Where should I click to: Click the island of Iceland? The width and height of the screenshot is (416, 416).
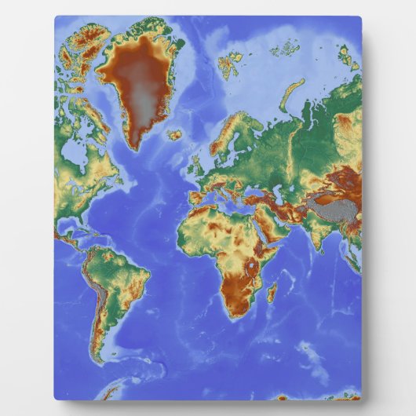pyautogui.click(x=174, y=134)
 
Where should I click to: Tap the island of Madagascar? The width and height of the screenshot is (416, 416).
pyautogui.click(x=272, y=294)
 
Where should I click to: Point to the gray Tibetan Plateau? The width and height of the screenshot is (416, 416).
pyautogui.click(x=329, y=206)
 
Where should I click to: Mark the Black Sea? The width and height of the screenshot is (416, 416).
pyautogui.click(x=256, y=187)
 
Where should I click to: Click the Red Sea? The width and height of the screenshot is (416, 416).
pyautogui.click(x=262, y=228)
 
